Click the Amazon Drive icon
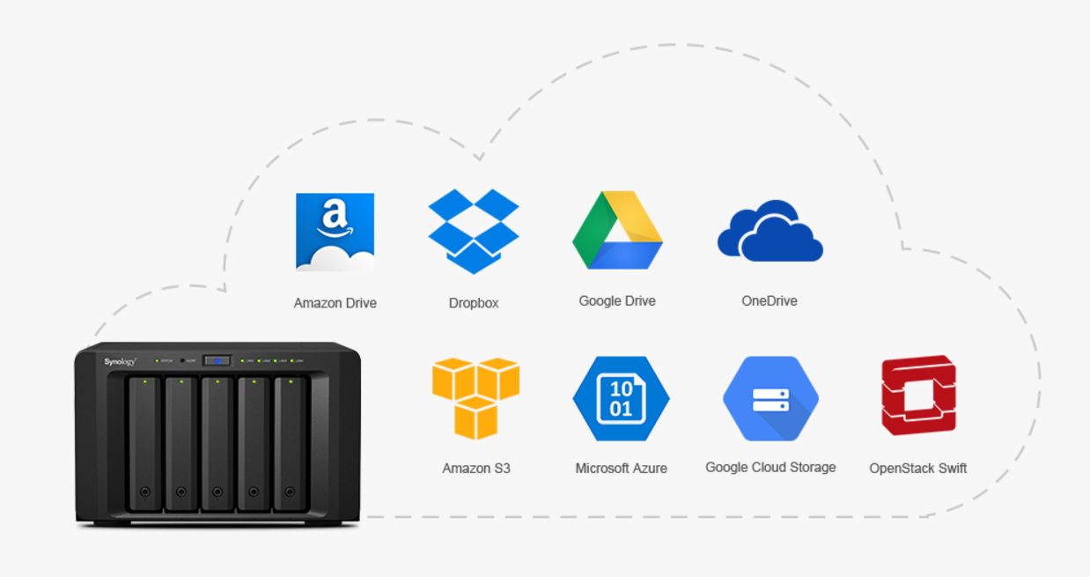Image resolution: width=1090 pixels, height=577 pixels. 335,232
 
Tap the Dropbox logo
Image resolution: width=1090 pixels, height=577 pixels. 474,231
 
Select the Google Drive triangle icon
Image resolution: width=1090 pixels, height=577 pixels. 617,231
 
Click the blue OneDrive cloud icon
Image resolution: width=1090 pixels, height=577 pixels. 770,232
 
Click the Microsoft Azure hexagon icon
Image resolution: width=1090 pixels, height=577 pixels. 621,398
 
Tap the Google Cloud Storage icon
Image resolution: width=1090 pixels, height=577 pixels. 770,398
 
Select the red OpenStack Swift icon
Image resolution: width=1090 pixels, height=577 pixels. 918,396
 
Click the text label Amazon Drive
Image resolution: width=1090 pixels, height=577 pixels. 335,303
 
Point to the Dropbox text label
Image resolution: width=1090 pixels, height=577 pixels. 474,303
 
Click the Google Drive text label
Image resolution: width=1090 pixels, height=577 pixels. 617,301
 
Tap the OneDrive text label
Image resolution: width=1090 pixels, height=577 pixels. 770,301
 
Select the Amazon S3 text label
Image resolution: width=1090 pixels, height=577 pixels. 476,469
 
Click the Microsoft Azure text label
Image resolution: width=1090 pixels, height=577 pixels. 621,469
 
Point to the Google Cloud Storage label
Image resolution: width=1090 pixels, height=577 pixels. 770,467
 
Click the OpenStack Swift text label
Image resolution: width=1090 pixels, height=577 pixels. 918,469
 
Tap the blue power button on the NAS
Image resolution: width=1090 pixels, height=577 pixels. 217,360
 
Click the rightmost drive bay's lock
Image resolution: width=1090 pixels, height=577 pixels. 289,492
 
